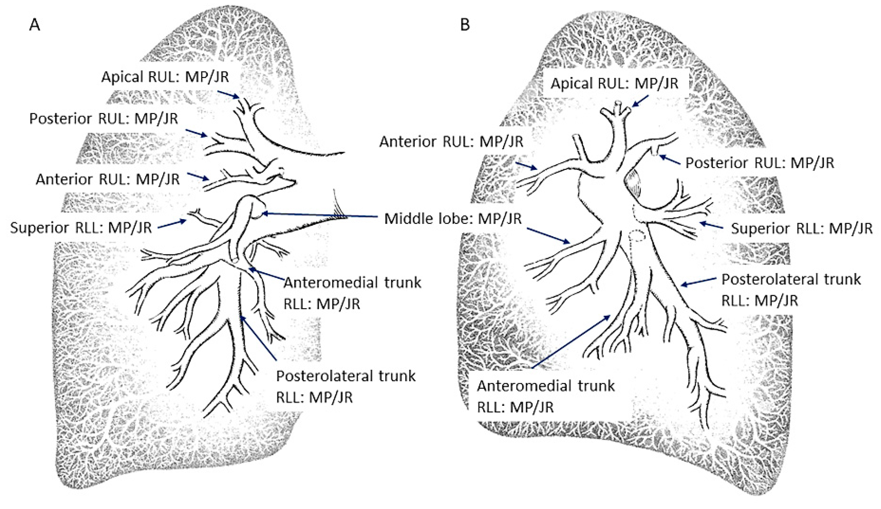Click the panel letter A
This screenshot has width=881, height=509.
click(x=35, y=25)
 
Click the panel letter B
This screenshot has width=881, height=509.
click(x=464, y=25)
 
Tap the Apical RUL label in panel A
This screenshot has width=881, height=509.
click(x=165, y=77)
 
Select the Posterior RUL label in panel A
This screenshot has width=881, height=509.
click(x=104, y=119)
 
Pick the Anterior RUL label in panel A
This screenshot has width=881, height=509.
click(x=108, y=179)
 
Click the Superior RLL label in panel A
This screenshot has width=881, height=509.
click(x=81, y=228)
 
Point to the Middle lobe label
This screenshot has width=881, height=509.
click(x=453, y=219)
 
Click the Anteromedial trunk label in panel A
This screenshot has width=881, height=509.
click(x=352, y=293)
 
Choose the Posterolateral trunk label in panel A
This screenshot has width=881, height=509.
click(x=346, y=386)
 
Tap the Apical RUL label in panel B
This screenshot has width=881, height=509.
click(x=614, y=83)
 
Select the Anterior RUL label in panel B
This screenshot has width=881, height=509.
click(x=451, y=142)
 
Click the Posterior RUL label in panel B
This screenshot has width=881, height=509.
click(x=759, y=163)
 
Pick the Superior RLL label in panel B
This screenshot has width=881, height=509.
click(x=801, y=229)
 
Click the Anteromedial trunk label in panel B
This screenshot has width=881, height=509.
click(x=545, y=396)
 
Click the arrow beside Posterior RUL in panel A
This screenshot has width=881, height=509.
click(x=196, y=133)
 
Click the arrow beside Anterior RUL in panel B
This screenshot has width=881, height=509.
click(x=526, y=166)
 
